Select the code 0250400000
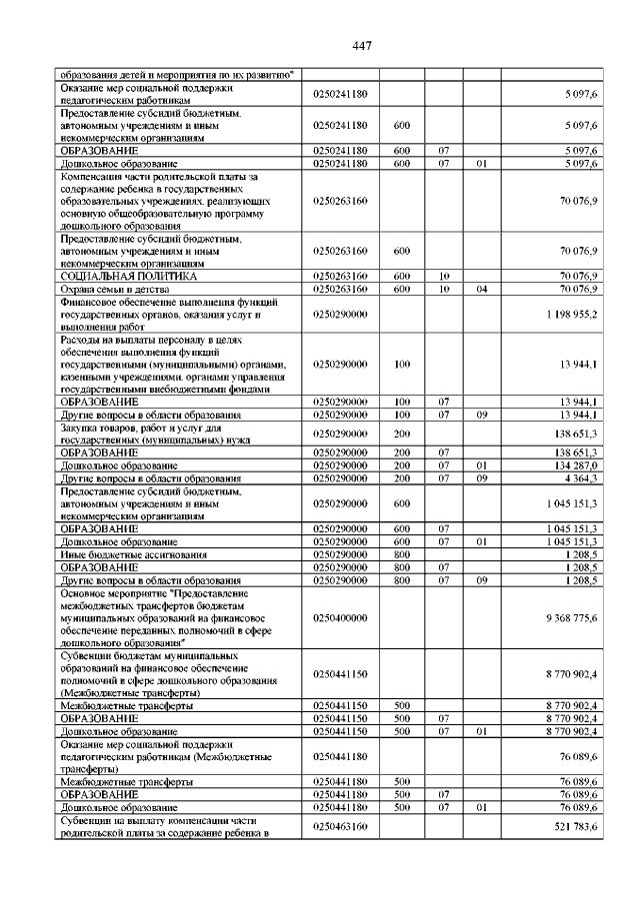(340, 619)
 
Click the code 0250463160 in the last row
(340, 827)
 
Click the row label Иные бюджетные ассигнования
(134, 553)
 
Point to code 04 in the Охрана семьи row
(482, 289)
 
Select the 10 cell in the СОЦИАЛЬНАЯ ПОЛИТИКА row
(444, 275)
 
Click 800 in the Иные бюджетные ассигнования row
(403, 553)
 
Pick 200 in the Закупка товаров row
(403, 434)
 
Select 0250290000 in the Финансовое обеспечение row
(340, 315)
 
